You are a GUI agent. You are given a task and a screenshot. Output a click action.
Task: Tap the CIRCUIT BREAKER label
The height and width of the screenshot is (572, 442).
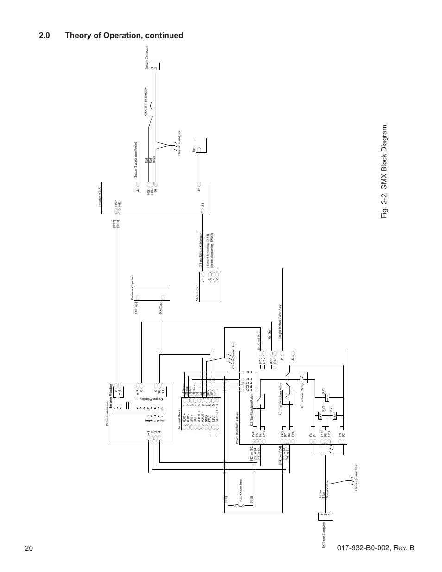pos(146,101)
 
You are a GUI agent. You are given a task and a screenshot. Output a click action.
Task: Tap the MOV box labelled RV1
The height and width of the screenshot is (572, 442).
pos(328,397)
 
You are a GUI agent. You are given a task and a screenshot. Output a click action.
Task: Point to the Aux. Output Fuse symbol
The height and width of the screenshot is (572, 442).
pos(238,506)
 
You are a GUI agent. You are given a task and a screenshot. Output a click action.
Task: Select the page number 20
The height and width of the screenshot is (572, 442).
pos(29,548)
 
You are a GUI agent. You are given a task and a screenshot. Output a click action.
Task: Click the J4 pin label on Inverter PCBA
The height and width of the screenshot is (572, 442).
pos(137,189)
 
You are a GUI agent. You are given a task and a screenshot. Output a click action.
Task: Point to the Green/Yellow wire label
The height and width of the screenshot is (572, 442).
pos(327,489)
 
